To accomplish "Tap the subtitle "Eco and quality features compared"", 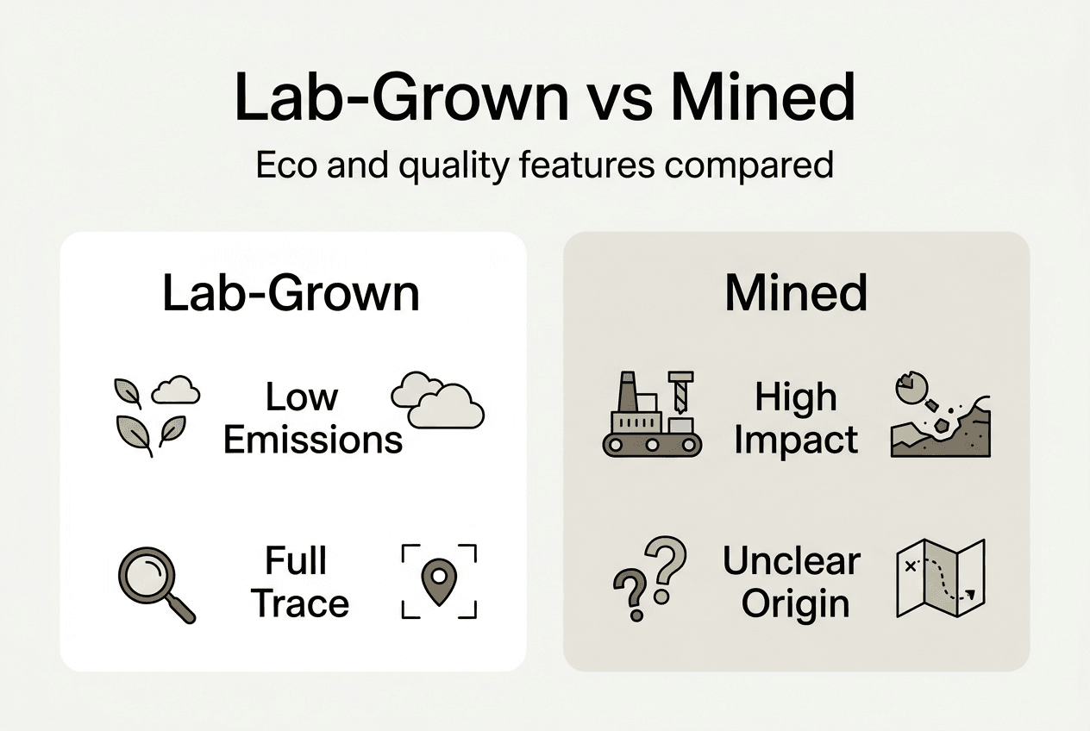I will coord(544,165).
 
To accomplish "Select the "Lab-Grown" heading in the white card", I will coord(291,294).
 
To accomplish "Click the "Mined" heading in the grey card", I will coord(795,294).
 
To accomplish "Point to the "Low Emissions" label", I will coord(312,419).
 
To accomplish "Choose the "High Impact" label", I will coord(796,419).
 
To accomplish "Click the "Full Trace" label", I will coord(299,582).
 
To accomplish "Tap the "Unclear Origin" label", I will coord(792,582).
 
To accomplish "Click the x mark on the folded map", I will coord(911,566).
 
